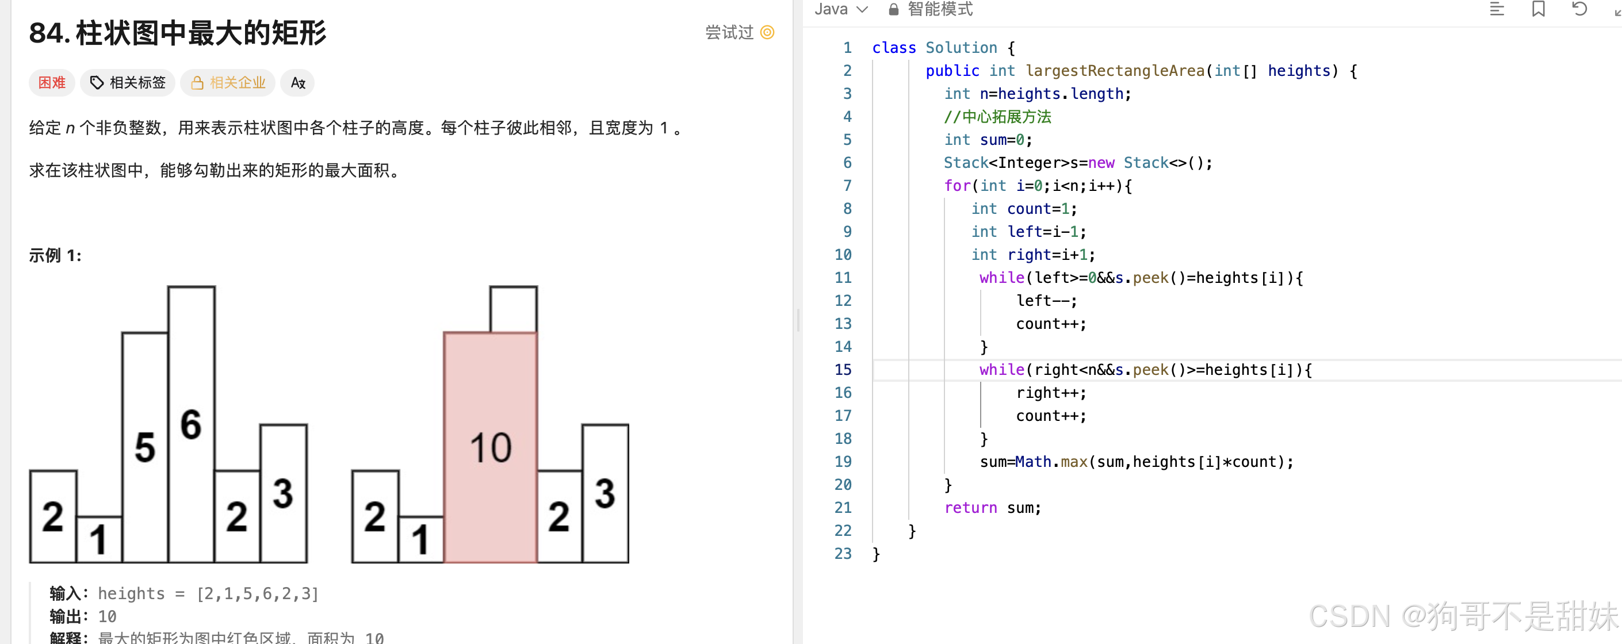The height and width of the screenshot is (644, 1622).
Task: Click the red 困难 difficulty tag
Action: [x=52, y=82]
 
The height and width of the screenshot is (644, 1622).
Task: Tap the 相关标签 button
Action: [x=128, y=82]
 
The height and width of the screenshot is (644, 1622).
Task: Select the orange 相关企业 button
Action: [x=228, y=82]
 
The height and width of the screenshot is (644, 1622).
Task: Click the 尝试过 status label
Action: [x=729, y=32]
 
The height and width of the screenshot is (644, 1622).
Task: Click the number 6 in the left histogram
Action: [x=191, y=424]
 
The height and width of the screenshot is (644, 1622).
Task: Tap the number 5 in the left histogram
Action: [x=145, y=447]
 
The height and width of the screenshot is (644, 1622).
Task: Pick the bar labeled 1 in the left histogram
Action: [x=99, y=539]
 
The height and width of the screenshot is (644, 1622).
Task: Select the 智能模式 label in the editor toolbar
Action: [x=939, y=9]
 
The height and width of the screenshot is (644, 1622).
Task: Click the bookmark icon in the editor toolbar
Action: [x=1538, y=9]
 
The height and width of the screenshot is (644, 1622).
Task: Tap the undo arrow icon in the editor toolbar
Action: [x=1579, y=9]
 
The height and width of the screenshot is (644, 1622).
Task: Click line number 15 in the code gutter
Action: [x=843, y=370]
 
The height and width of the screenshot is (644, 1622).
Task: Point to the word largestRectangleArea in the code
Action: [x=1115, y=71]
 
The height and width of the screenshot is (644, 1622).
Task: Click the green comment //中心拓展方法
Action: [x=997, y=117]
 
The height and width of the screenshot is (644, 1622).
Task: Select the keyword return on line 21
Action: [x=970, y=507]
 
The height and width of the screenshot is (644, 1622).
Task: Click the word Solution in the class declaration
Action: [x=961, y=48]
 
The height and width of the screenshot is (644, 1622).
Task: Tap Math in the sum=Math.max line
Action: [x=1032, y=462]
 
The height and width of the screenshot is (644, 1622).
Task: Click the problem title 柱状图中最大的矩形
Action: [x=201, y=33]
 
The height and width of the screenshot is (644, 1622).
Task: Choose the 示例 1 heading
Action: [x=55, y=255]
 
